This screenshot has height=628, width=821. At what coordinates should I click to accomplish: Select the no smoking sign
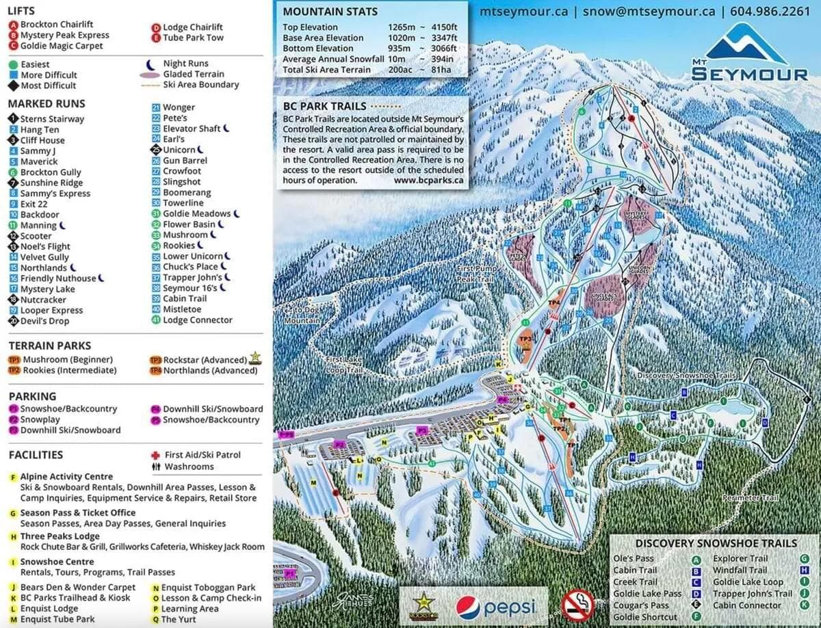577,605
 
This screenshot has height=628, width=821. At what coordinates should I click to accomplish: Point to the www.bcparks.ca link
429,181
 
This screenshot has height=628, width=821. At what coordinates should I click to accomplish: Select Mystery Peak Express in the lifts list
64,35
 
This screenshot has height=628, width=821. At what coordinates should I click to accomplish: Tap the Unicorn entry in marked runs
179,150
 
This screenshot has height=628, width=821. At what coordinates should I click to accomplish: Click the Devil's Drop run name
44,321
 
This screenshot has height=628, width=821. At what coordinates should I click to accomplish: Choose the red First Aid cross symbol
155,455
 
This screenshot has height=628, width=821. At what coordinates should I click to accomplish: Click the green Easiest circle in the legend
13,64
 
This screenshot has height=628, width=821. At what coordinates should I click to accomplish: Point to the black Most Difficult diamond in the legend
13,86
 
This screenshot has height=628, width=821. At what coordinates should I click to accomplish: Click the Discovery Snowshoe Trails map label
686,376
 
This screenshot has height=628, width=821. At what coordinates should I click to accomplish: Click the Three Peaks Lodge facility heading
60,536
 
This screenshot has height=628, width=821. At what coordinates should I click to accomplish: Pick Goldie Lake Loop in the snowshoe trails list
748,581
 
